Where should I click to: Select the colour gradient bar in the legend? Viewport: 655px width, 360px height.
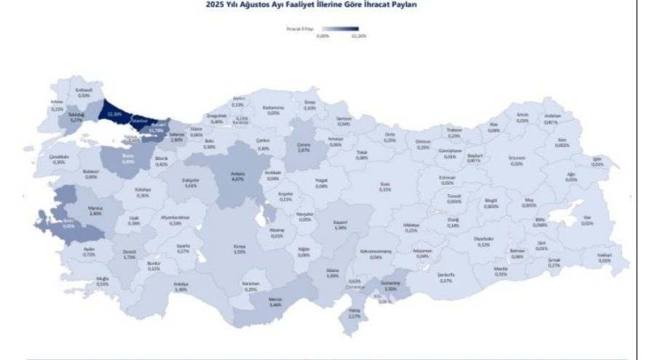pyautogui.click(x=339, y=29)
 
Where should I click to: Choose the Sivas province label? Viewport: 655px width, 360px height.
pyautogui.click(x=385, y=187)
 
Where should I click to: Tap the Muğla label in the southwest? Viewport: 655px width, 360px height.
pyautogui.click(x=102, y=281)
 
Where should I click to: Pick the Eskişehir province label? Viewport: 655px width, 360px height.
pyautogui.click(x=191, y=183)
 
